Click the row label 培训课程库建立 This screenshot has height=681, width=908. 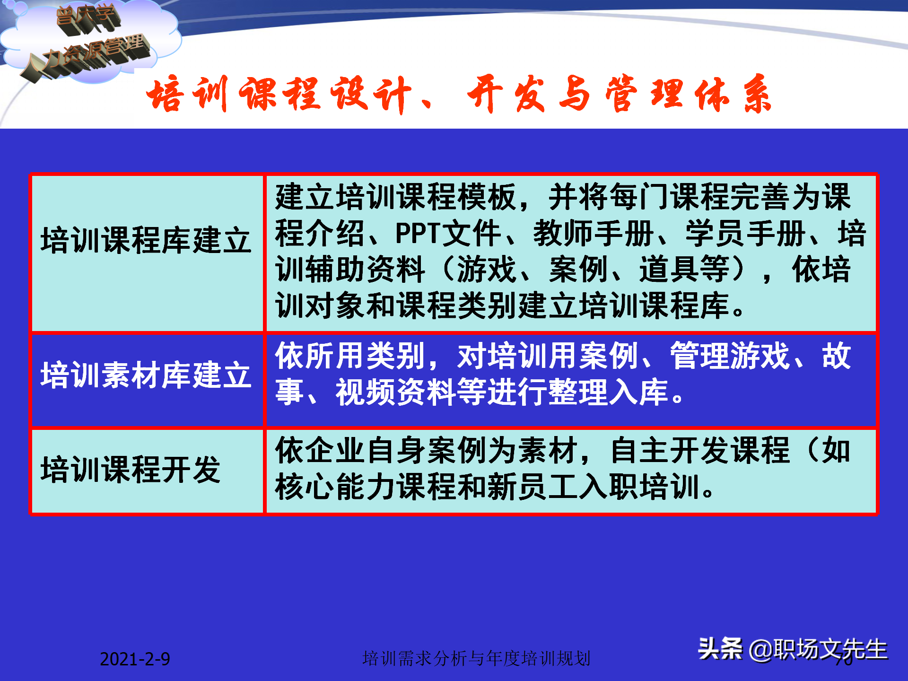tap(146, 240)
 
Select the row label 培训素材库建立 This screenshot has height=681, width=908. tap(146, 375)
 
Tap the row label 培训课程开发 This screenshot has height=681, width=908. tap(131, 470)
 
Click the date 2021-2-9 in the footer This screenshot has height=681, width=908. tap(135, 659)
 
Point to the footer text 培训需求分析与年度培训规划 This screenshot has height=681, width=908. tap(476, 658)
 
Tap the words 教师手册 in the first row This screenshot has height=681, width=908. tap(594, 234)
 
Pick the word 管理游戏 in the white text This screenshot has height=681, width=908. tap(730, 356)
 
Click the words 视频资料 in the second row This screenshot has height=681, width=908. tap(395, 393)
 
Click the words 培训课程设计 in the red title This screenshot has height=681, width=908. tap(279, 95)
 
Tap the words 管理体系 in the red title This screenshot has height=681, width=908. tap(688, 95)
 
